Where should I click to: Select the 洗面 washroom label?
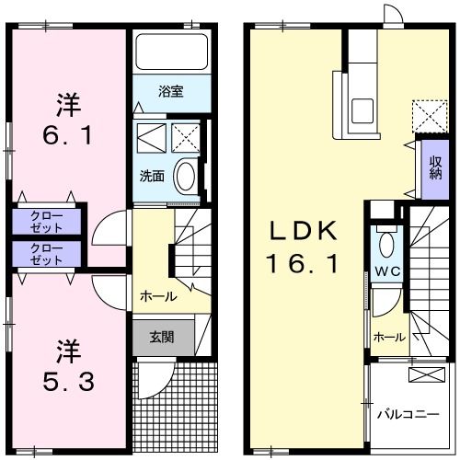[152, 175]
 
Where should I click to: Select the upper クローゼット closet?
[46, 221]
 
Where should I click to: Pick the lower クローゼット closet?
[46, 254]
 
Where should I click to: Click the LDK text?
[303, 229]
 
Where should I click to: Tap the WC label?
[385, 272]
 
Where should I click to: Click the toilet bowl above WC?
[385, 245]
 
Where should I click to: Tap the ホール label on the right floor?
[389, 338]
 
